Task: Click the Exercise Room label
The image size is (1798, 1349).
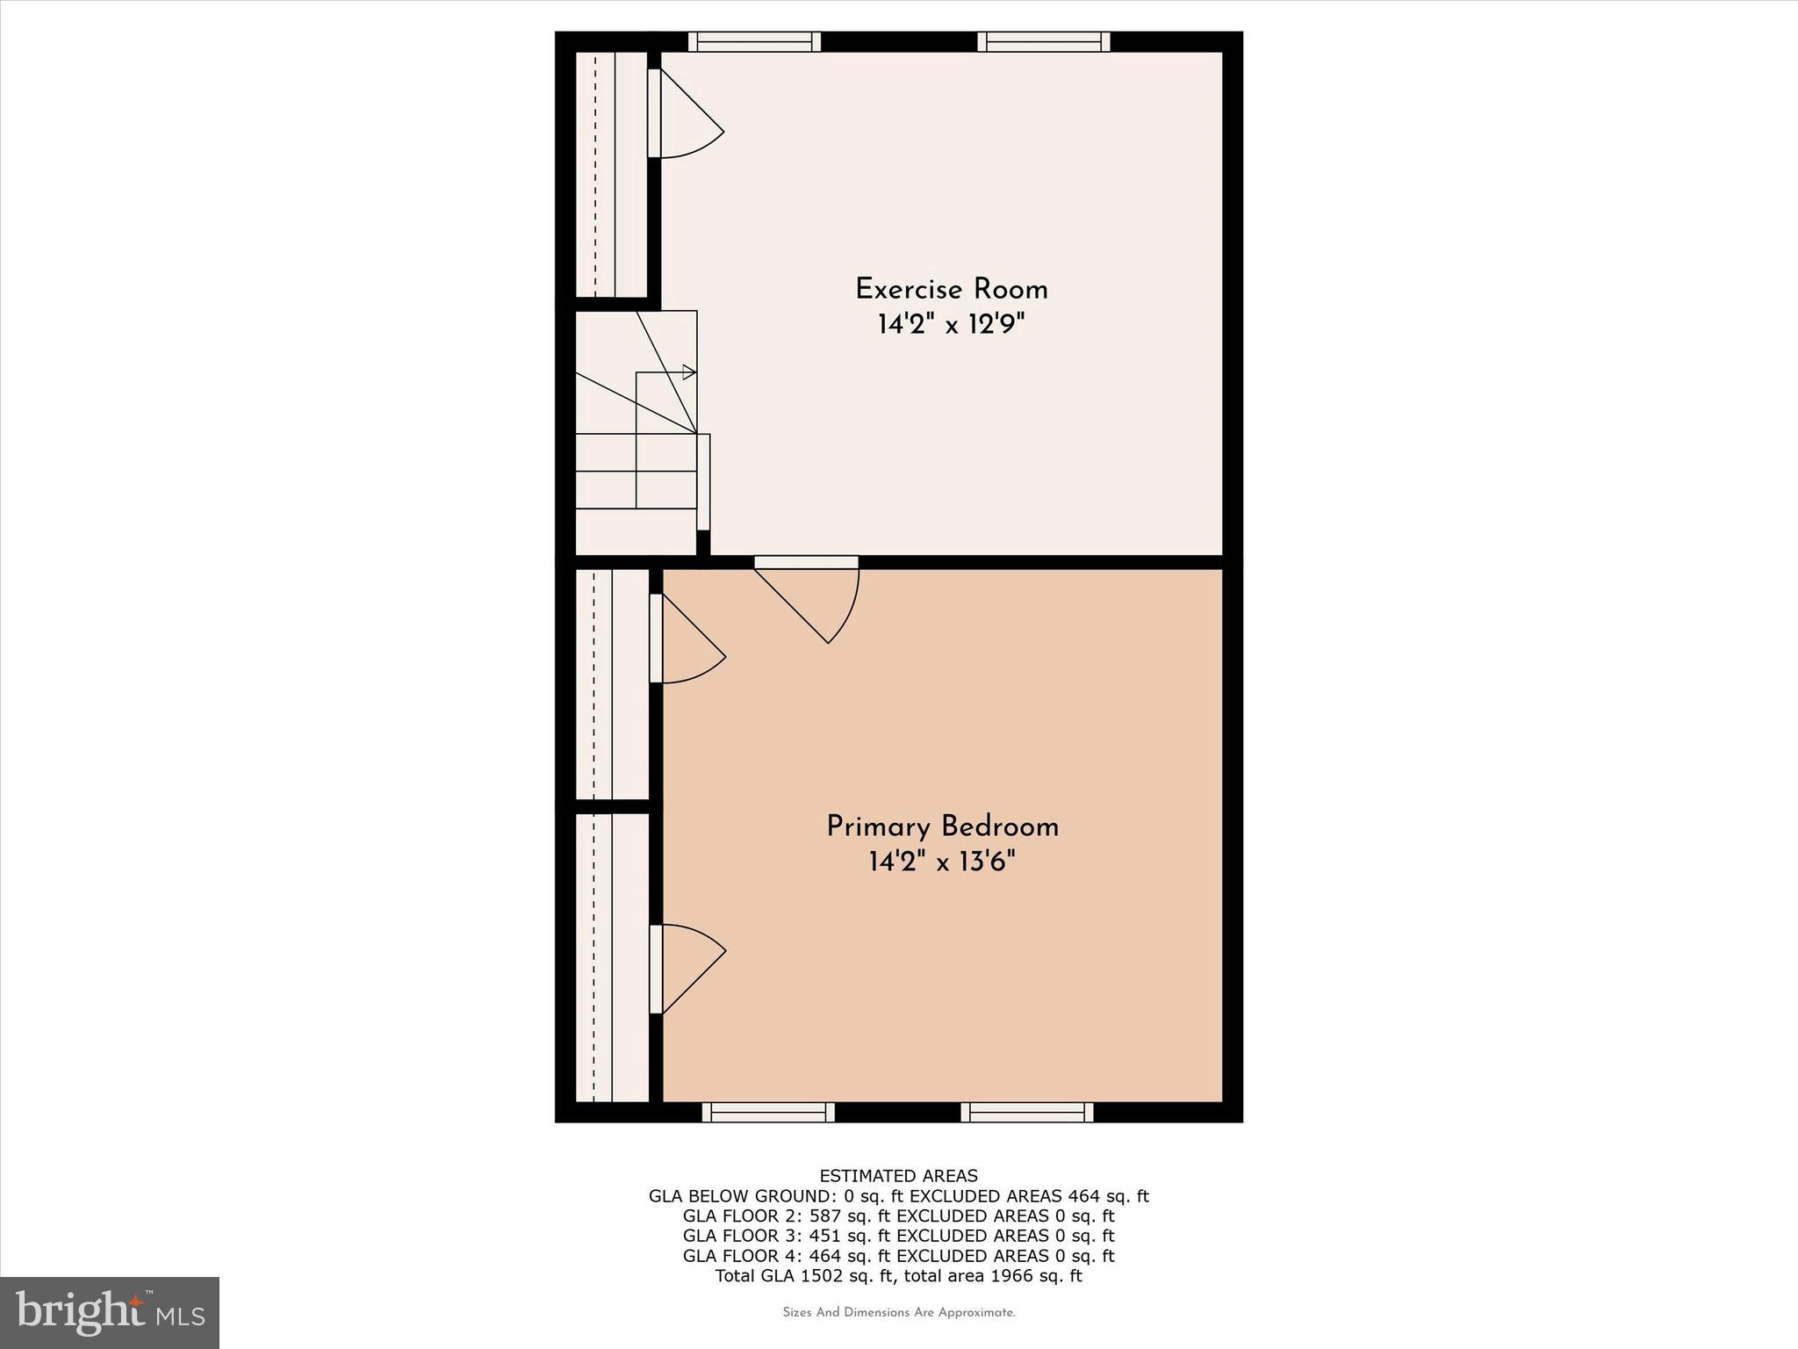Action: tap(951, 290)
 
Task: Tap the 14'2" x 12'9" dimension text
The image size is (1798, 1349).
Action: tap(951, 326)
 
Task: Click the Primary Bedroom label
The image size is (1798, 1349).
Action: tap(942, 827)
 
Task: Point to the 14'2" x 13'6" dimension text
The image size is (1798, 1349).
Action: tap(942, 863)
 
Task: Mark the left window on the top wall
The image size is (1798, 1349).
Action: tap(754, 41)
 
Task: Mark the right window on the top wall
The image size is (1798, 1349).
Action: tap(1043, 41)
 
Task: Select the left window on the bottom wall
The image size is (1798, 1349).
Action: tap(768, 1113)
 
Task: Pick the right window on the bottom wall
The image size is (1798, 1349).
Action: tap(1026, 1113)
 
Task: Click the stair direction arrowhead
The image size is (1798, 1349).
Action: tap(689, 372)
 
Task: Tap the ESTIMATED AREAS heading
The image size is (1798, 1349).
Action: tap(898, 1176)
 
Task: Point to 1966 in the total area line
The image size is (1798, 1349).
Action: tap(1010, 1276)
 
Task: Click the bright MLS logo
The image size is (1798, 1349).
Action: tap(110, 1312)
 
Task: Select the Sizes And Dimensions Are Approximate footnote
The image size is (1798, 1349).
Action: tap(898, 1313)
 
